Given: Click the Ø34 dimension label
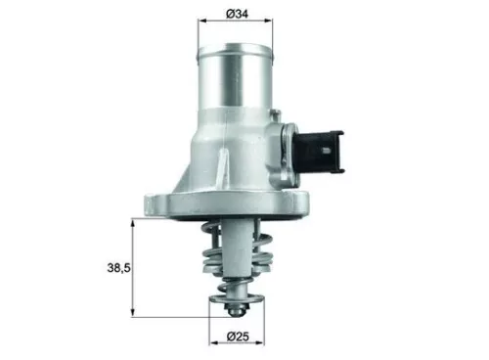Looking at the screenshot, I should tap(239, 14).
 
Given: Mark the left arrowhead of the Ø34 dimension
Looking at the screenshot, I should tap(202, 24).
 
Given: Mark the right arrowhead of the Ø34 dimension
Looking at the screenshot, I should tap(274, 24).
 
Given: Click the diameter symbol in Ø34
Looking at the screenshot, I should tap(228, 14).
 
